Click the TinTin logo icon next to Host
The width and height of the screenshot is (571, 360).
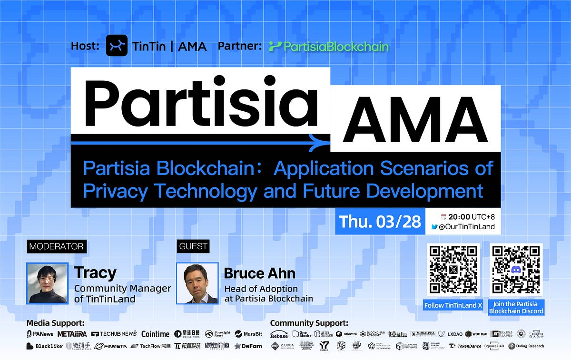coord(117,46)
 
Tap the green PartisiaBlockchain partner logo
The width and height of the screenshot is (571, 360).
coord(329,47)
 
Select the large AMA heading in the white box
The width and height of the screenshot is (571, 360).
coord(415,119)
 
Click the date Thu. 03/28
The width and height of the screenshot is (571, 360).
coord(380,222)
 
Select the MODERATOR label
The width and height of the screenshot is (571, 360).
coord(57,246)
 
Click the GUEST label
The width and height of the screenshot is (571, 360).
coord(193,246)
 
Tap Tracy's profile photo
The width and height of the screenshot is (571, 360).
coord(48,283)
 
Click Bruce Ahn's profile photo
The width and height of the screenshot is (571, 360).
coord(197,283)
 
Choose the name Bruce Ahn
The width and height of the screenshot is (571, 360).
coord(259,273)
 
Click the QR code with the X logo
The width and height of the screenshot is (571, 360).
coord(453,270)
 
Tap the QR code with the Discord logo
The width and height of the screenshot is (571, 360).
coord(516,270)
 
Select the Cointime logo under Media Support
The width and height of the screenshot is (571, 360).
coord(156,334)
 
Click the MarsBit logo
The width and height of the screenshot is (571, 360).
coord(248,334)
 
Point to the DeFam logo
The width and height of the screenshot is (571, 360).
coord(248,346)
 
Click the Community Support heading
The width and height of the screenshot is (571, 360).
coord(309,323)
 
